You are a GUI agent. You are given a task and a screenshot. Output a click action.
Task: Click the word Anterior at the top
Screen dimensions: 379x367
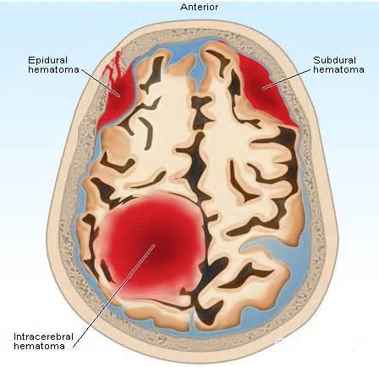click(199, 7)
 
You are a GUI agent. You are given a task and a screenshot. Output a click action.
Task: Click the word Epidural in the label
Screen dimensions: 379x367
click(47, 60)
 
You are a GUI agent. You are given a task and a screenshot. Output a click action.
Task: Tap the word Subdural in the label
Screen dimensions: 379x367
click(334, 60)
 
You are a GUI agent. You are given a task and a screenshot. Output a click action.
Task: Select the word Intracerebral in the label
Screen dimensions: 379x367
click(43, 337)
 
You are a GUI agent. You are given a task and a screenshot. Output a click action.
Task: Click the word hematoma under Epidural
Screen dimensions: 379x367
click(53, 69)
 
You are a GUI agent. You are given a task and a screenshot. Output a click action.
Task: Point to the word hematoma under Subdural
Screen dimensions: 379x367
click(338, 69)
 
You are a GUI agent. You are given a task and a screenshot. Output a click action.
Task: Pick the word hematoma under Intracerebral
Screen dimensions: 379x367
click(39, 346)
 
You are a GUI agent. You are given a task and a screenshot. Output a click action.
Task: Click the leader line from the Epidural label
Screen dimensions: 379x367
click(101, 82)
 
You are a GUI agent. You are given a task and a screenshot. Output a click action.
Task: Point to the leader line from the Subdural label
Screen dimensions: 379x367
click(287, 79)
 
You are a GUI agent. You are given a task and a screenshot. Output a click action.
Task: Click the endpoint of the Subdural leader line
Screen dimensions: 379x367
click(263, 89)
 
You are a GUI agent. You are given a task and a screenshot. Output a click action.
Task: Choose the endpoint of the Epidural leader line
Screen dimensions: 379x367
click(120, 96)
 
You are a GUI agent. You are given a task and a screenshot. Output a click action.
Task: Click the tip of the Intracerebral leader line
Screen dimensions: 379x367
click(154, 244)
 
